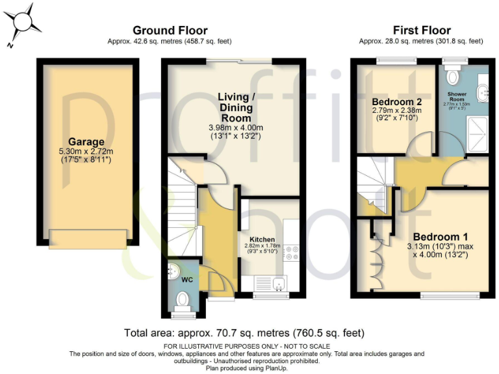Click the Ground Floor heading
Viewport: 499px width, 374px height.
(x=170, y=31)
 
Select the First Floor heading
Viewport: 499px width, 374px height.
(x=422, y=31)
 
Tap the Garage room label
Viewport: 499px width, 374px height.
(x=87, y=142)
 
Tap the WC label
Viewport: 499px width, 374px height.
(x=187, y=280)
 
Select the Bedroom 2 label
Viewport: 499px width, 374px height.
(x=396, y=102)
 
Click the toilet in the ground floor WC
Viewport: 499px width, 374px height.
(x=183, y=300)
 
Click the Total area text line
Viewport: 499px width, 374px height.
(x=244, y=333)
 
